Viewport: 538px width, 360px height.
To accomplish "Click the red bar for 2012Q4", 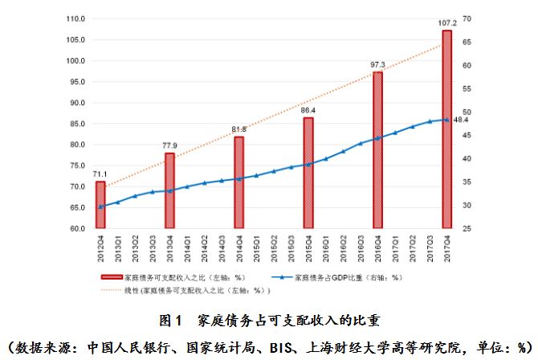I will pos(100,205).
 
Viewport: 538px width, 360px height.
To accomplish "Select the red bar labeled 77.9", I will pos(169,190).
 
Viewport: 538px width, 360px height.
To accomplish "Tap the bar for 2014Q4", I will pos(238,182).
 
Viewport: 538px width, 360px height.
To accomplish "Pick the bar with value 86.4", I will pos(308,173).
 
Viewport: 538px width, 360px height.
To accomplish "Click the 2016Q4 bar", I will pos(377,149).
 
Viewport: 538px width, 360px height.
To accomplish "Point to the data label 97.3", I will pos(378,64).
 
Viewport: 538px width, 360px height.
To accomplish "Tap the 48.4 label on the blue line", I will pos(461,120).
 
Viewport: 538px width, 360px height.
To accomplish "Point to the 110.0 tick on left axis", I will pos(76,18).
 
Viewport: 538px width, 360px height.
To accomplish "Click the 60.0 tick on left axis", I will pos(78,228).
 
